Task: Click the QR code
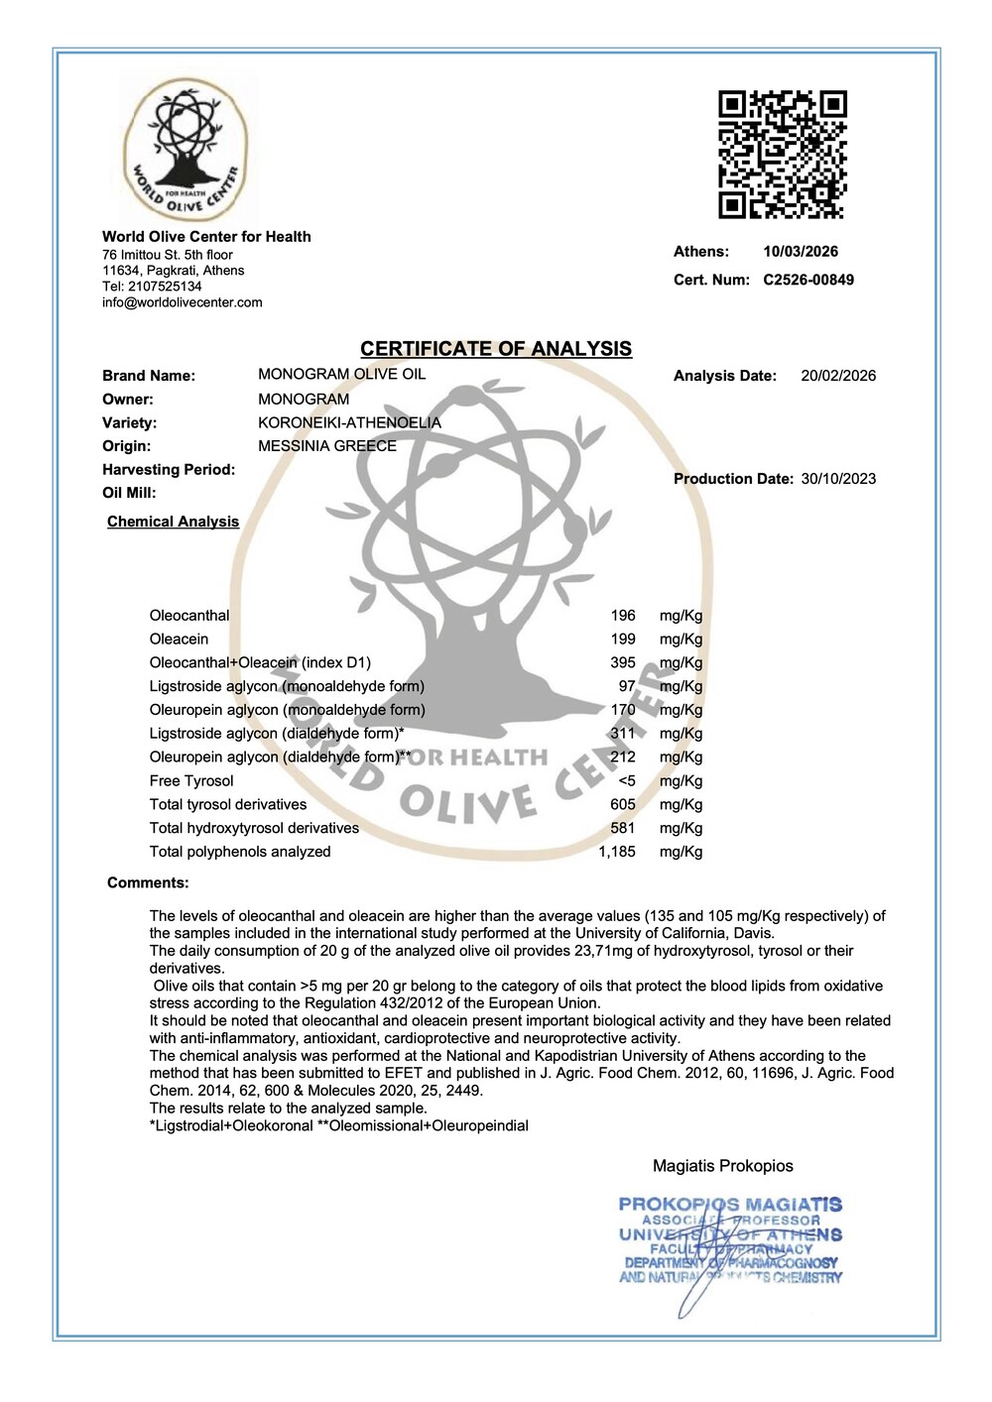pyautogui.click(x=783, y=154)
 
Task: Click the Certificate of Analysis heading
pyautogui.click(x=496, y=349)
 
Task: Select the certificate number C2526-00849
pyautogui.click(x=808, y=280)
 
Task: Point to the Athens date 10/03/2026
pyautogui.click(x=801, y=252)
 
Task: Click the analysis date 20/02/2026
pyautogui.click(x=838, y=376)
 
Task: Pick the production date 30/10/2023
pyautogui.click(x=838, y=479)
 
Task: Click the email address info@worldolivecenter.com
pyautogui.click(x=183, y=302)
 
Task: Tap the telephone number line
pyautogui.click(x=152, y=287)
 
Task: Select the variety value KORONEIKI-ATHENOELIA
pyautogui.click(x=349, y=422)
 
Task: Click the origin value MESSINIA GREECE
pyautogui.click(x=327, y=446)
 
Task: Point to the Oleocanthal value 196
pyautogui.click(x=623, y=616)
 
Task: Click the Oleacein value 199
pyautogui.click(x=623, y=640)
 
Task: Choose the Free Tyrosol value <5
pyautogui.click(x=626, y=781)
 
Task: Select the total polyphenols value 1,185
pyautogui.click(x=617, y=852)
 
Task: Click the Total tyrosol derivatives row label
pyautogui.click(x=228, y=805)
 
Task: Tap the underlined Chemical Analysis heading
pyautogui.click(x=174, y=522)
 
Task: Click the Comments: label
pyautogui.click(x=148, y=883)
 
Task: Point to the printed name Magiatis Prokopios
pyautogui.click(x=722, y=1166)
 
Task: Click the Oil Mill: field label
pyautogui.click(x=129, y=493)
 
